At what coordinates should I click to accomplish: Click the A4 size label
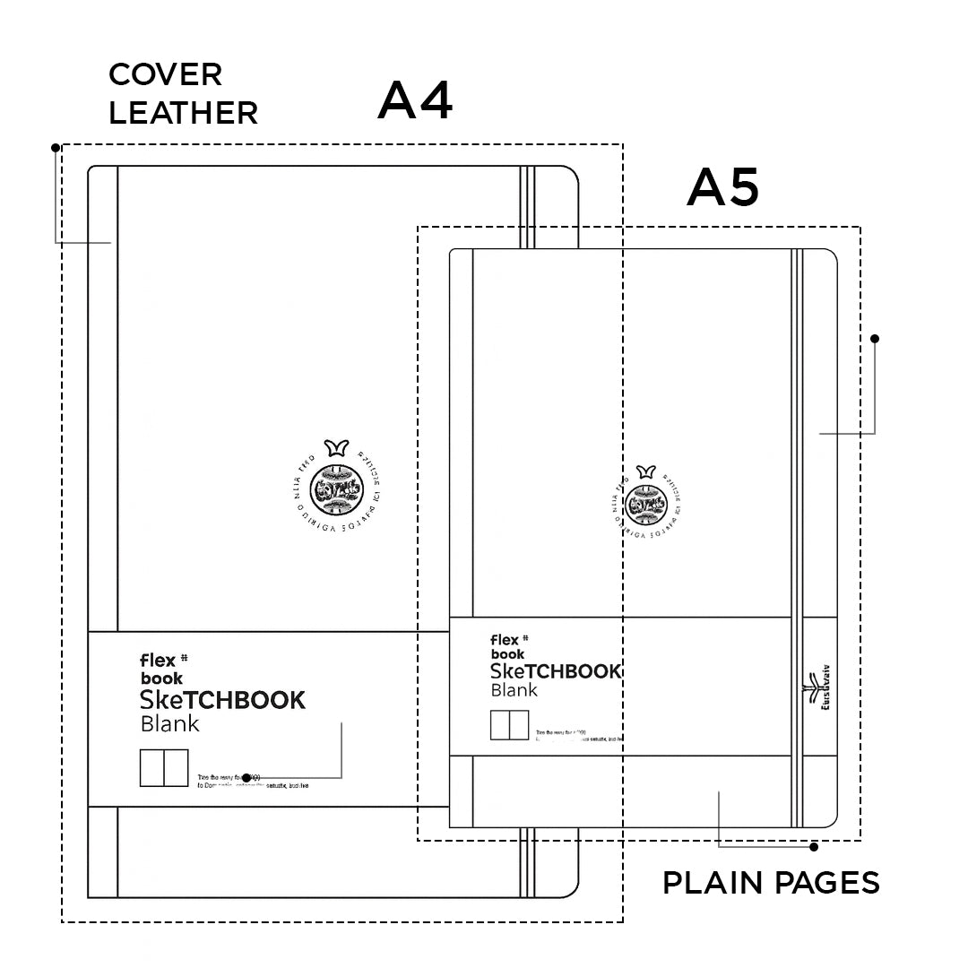(415, 100)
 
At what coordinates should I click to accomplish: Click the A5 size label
(722, 188)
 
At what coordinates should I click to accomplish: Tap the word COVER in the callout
(165, 73)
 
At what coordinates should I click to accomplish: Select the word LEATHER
(183, 113)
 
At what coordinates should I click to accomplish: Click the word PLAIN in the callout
(714, 883)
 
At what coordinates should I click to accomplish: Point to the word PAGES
(826, 883)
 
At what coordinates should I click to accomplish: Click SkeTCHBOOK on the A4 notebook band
(223, 700)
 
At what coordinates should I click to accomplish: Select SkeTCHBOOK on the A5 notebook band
(556, 671)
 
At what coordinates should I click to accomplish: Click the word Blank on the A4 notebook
(169, 723)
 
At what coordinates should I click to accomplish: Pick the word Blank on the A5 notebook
(514, 690)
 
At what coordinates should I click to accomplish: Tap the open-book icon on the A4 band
(164, 767)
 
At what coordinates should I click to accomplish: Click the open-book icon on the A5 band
(509, 725)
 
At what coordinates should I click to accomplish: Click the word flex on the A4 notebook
(158, 661)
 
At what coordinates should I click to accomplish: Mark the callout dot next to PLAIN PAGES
(814, 846)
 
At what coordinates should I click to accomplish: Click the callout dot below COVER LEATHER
(56, 147)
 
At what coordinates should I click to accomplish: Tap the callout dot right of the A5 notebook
(875, 339)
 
